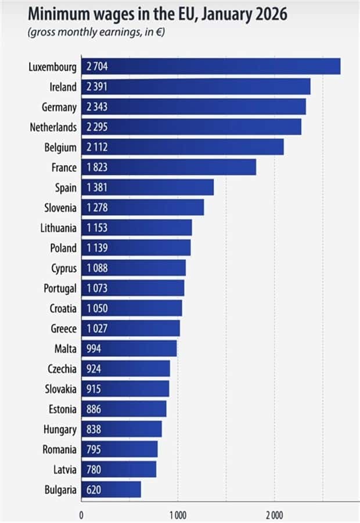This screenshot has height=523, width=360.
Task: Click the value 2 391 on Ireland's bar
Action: pos(96,87)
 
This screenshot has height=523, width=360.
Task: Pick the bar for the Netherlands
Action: pos(191,127)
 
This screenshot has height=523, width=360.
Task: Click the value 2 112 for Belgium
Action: pos(96,147)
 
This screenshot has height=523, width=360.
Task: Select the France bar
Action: pos(168,167)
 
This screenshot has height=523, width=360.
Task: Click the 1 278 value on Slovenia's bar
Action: pos(96,207)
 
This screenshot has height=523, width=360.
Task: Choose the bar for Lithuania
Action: pos(136,228)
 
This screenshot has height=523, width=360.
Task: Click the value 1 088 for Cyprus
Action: pos(96,268)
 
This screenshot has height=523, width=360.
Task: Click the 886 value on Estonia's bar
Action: pos(93,409)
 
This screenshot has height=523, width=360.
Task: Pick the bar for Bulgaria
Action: pos(111,490)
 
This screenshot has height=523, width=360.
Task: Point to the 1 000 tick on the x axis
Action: pos(178,515)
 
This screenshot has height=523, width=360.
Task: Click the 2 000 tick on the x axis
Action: pos(275,515)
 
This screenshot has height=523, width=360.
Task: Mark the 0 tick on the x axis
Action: pos(81,515)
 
